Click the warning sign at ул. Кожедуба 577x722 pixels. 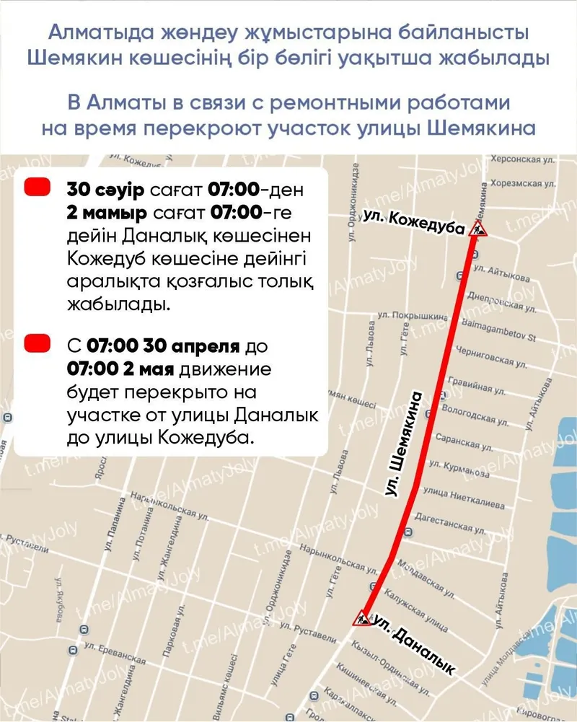pyautogui.click(x=477, y=229)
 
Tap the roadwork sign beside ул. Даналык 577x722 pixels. pyautogui.click(x=361, y=618)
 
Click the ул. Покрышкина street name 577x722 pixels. pyautogui.click(x=407, y=314)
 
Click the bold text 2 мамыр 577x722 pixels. pyautogui.click(x=107, y=214)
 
